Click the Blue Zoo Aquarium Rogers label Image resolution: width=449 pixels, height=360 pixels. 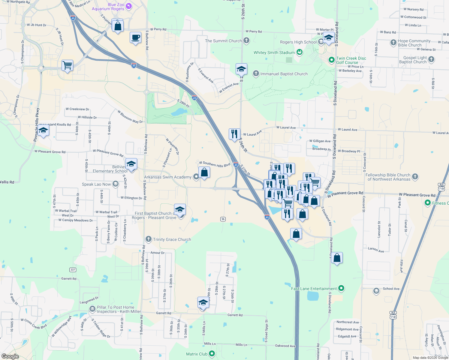click(108, 7)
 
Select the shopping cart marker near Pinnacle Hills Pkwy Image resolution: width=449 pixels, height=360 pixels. click(68, 65)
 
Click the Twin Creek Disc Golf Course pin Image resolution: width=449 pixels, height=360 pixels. click(331, 60)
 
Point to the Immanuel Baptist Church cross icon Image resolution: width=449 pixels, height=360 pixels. click(256, 73)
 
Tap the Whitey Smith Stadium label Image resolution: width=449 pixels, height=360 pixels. click(274, 52)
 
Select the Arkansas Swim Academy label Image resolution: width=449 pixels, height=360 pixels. click(167, 177)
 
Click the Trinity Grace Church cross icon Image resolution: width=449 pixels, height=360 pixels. click(148, 239)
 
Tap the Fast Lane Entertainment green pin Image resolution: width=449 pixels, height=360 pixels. click(341, 289)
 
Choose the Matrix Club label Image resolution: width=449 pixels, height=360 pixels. click(197, 354)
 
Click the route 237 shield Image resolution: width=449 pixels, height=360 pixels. click(73, 270)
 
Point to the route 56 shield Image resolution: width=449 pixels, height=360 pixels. click(223, 219)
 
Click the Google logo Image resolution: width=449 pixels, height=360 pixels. click(10, 356)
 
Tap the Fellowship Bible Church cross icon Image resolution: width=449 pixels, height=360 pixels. click(415, 177)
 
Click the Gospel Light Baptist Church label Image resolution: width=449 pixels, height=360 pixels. click(413, 60)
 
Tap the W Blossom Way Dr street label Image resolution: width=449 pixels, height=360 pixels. click(130, 117)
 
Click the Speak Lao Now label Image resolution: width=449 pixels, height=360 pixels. click(96, 184)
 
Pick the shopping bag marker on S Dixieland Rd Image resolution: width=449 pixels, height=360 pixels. click(337, 258)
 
